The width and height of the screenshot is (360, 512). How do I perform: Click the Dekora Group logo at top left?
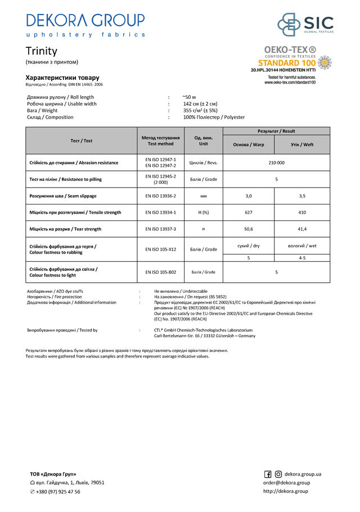click(x=85, y=25)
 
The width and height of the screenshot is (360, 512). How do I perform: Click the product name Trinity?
click(x=42, y=51)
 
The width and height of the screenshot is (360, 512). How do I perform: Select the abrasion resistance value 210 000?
click(x=276, y=162)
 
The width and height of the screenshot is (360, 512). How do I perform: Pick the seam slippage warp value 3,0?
click(x=249, y=196)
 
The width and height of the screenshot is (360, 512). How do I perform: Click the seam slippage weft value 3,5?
click(x=302, y=196)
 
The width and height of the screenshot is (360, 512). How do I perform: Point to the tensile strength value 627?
click(x=249, y=212)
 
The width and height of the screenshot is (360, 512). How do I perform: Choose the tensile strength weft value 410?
click(x=302, y=212)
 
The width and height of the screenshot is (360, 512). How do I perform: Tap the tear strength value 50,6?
click(x=249, y=229)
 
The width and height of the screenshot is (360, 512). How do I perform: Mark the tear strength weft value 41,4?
click(x=302, y=229)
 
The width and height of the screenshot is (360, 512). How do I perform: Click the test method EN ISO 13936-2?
click(x=160, y=196)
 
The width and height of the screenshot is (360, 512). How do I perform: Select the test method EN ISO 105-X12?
click(x=160, y=249)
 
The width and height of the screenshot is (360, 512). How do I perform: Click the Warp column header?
click(x=249, y=144)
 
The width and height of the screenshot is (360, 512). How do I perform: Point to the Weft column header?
click(x=302, y=144)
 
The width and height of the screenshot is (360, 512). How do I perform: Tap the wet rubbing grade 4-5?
click(x=302, y=257)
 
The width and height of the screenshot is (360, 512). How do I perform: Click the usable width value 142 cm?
click(x=200, y=104)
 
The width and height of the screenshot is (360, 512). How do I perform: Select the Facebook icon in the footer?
click(x=268, y=474)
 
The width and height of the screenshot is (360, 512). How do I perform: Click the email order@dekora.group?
click(x=286, y=483)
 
